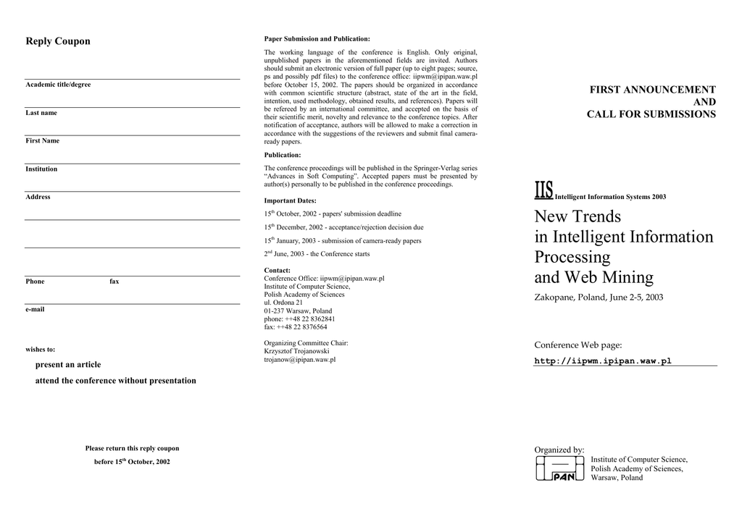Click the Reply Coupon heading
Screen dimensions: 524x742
[x=58, y=41]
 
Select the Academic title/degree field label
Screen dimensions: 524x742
[x=58, y=85]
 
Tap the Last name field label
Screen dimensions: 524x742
[x=41, y=113]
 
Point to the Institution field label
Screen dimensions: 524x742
[x=42, y=169]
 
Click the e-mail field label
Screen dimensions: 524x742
[x=35, y=310]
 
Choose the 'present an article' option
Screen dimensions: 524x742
[x=68, y=365]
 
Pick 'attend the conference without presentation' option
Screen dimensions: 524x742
[x=116, y=381]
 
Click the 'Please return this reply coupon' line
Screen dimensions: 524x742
[x=132, y=449]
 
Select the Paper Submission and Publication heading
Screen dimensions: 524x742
[x=317, y=38]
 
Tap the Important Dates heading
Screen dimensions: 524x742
[x=290, y=200]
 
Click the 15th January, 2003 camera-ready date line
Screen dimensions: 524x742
[x=342, y=241]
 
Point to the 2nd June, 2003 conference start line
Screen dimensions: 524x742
[x=317, y=254]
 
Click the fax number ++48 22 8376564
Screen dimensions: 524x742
[x=296, y=327]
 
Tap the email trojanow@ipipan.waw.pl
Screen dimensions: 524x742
[x=299, y=360]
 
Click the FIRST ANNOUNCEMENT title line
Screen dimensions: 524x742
[x=652, y=90]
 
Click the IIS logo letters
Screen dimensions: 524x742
[x=543, y=190]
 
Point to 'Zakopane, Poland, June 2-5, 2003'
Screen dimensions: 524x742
[x=599, y=297]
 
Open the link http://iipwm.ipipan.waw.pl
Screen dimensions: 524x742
[x=603, y=361]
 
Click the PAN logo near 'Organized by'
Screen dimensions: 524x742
[x=560, y=468]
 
